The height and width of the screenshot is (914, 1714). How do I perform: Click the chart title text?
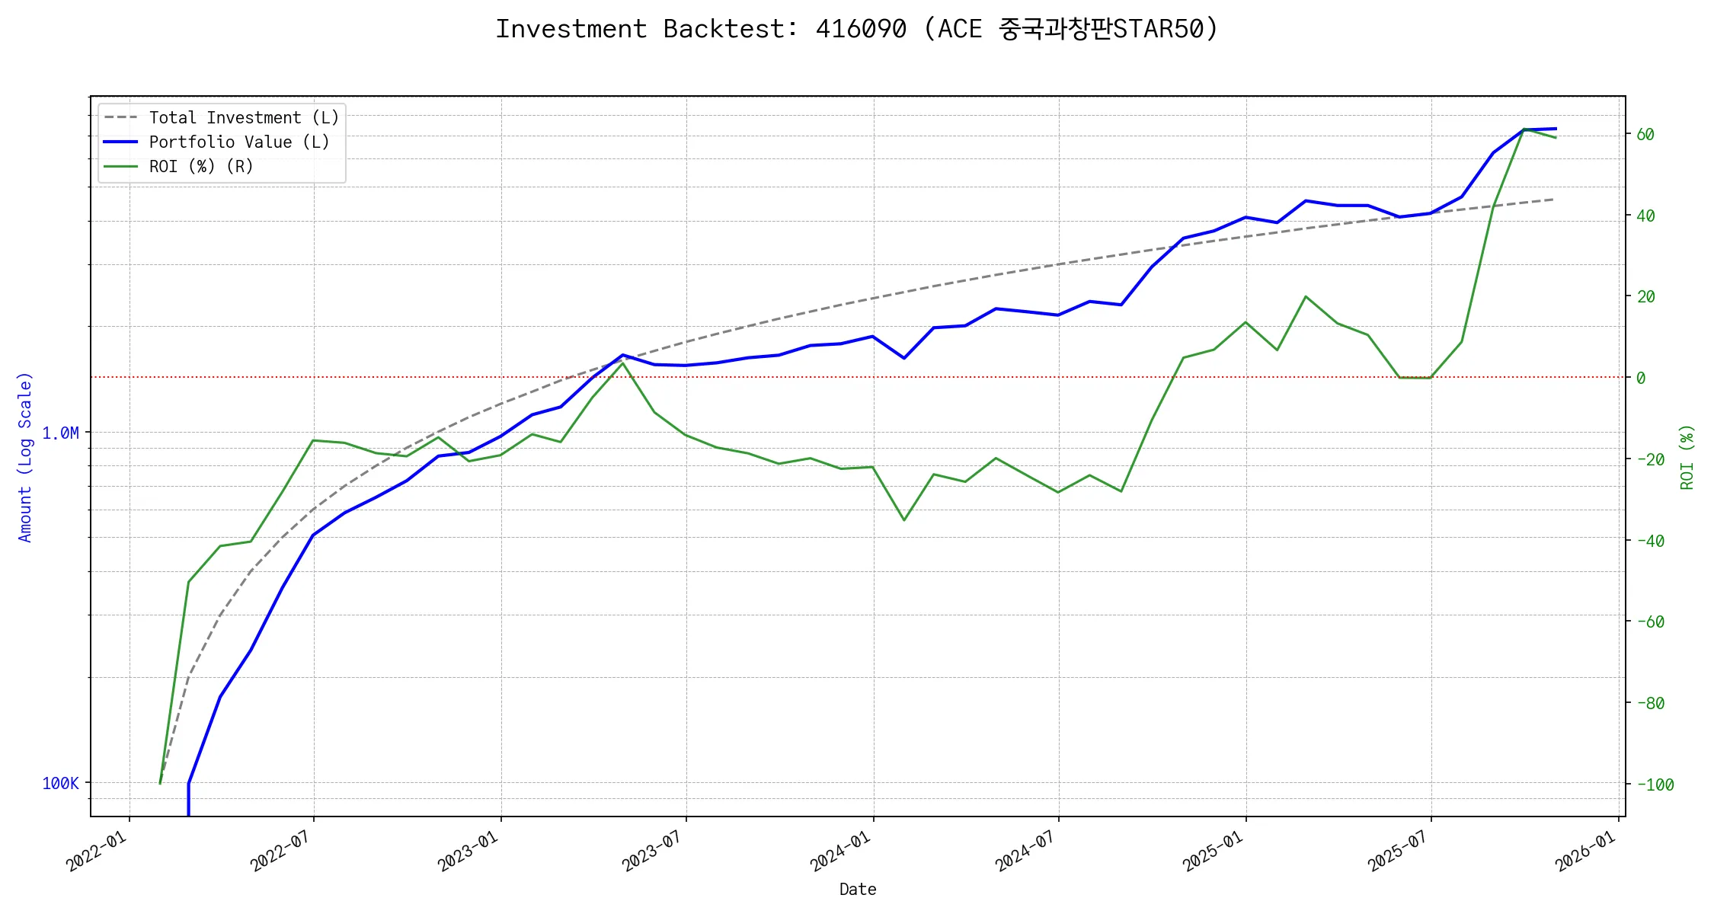click(857, 29)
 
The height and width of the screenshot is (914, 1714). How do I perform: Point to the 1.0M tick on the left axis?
click(60, 433)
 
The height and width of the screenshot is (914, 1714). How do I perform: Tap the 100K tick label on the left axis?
click(60, 784)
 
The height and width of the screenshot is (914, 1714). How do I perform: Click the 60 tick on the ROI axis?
click(1645, 135)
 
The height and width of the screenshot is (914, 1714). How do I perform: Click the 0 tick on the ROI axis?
click(1641, 379)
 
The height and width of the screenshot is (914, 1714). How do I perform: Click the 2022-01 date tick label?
click(98, 852)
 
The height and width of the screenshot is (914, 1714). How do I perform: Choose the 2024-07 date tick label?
click(1026, 852)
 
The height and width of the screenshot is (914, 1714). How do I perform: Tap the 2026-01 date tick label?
click(1586, 852)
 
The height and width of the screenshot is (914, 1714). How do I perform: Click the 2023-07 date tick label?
click(654, 852)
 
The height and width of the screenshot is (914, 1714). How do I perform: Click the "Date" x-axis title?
click(858, 890)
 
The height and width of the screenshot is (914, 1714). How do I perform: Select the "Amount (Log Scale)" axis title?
click(25, 457)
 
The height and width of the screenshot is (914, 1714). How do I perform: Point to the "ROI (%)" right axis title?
click(1687, 457)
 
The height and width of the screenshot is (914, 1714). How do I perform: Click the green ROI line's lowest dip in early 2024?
click(904, 520)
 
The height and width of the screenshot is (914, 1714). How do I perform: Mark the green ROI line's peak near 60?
click(1524, 129)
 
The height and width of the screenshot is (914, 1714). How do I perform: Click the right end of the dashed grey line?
click(1553, 200)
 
